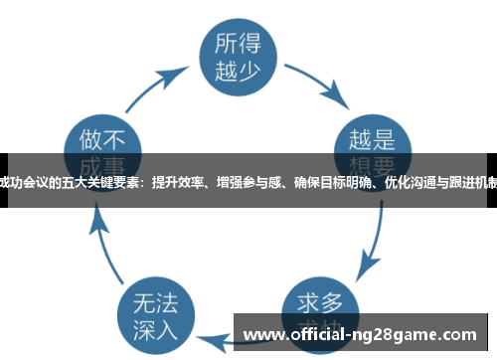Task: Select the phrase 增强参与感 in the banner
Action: pos(248,180)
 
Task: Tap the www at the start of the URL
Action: pos(259,333)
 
